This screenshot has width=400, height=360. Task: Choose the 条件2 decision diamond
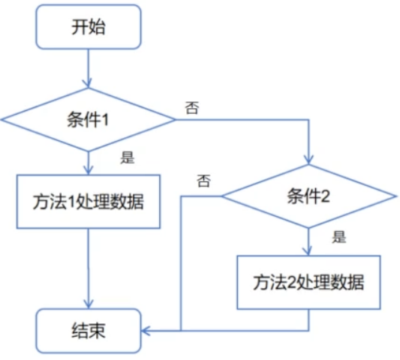[308, 196]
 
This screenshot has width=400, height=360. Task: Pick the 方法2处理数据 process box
[308, 283]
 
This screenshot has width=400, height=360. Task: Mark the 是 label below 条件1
[127, 157]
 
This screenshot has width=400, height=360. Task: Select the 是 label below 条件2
[339, 238]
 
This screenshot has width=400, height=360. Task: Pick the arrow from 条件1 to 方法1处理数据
[89, 161]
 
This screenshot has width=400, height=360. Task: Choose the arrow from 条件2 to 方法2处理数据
[308, 241]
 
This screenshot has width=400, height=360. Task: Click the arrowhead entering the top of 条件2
[308, 160]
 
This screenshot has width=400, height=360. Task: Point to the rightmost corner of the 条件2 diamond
[395, 197]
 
